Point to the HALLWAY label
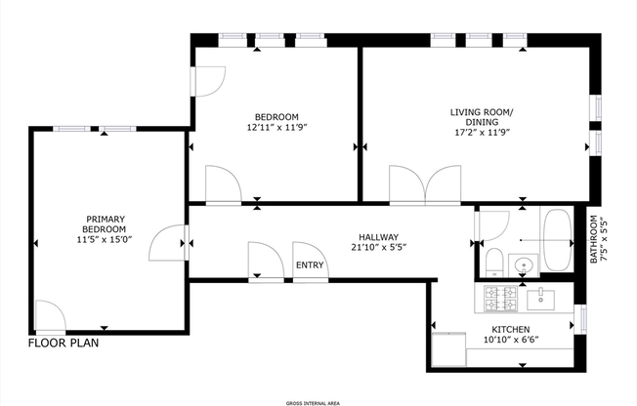377,235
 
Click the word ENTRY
310,264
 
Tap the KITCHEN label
511,329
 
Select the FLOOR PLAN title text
64,344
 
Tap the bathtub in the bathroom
560,241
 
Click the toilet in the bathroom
492,262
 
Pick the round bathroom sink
525,264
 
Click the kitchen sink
540,297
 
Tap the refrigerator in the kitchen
449,345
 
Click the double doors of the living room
425,183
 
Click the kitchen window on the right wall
584,318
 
